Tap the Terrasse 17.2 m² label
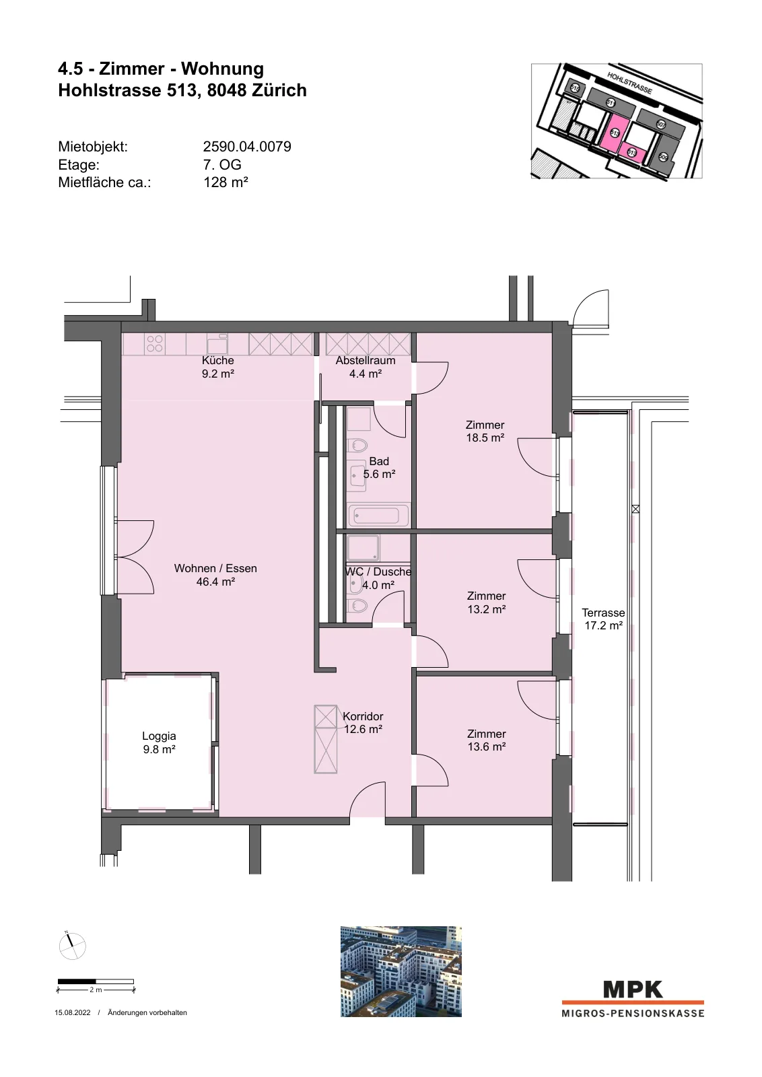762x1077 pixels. click(603, 619)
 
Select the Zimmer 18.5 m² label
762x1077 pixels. click(485, 431)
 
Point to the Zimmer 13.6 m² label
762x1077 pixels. click(487, 740)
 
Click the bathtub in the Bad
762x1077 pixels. click(378, 516)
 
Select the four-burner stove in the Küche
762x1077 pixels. click(155, 344)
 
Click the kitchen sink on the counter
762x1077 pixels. click(217, 344)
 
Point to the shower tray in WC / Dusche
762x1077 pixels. click(363, 548)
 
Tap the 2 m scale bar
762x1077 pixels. click(96, 981)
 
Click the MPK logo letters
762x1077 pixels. click(633, 989)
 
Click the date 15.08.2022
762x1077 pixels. click(73, 1012)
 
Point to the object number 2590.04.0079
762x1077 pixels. click(247, 147)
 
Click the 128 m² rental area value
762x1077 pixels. click(226, 182)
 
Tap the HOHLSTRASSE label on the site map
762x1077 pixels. click(629, 83)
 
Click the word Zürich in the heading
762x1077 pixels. click(281, 90)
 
